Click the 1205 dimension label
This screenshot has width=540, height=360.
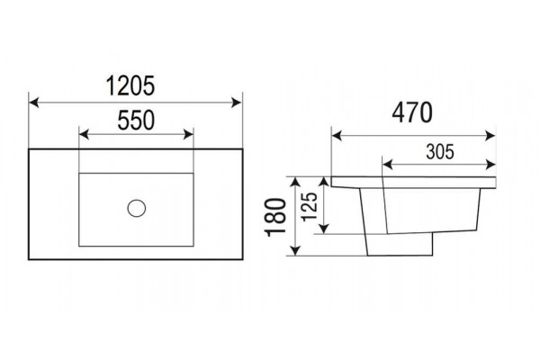(130, 85)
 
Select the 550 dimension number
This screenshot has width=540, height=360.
(136, 121)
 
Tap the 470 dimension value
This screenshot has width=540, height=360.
(412, 112)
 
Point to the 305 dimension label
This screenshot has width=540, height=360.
(440, 151)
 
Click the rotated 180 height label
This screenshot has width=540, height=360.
(275, 217)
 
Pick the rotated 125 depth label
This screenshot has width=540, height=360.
(309, 207)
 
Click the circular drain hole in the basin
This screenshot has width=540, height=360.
(137, 208)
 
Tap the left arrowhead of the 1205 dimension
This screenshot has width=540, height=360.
(34, 103)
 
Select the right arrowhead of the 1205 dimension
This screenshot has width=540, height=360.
(237, 103)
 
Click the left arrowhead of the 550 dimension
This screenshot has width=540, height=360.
(84, 134)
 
